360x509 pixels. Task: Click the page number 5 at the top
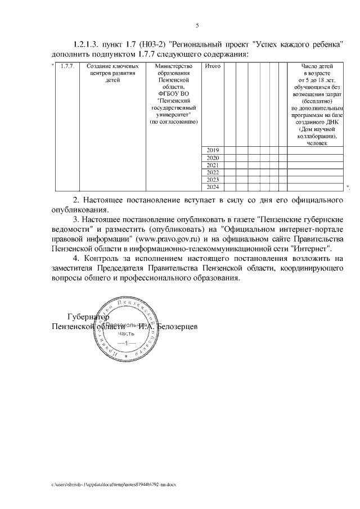click(x=197, y=25)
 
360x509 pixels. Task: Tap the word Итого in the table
click(x=213, y=67)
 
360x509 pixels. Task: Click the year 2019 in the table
click(x=213, y=150)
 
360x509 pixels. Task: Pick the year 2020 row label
click(x=213, y=157)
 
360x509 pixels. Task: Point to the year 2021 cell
click(x=213, y=165)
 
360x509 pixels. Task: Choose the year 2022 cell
click(x=213, y=172)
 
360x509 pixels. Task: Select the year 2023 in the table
click(x=213, y=179)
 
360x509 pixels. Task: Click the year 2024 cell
click(x=213, y=187)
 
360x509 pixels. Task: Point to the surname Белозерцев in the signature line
click(x=177, y=326)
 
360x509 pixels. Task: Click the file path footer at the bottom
click(x=114, y=484)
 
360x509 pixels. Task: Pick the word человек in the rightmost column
click(x=316, y=143)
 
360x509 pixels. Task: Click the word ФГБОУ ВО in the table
click(x=173, y=94)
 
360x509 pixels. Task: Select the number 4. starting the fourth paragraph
click(x=77, y=258)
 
